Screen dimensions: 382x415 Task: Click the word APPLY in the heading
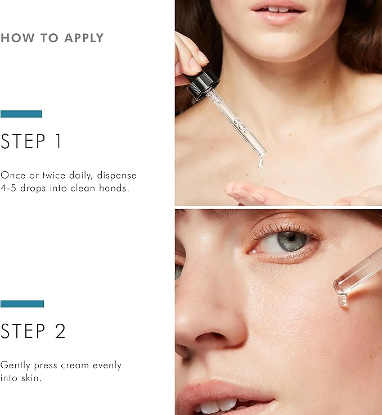tap(83, 38)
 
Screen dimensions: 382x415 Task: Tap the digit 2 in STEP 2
tap(60, 331)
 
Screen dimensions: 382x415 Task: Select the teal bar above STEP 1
tap(21, 114)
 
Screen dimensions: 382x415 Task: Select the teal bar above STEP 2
tap(22, 304)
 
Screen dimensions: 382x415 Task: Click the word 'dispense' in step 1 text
tap(116, 176)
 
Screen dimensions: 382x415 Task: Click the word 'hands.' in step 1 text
tap(114, 188)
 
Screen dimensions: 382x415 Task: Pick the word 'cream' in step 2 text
tap(75, 366)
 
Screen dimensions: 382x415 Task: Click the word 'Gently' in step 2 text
tap(15, 366)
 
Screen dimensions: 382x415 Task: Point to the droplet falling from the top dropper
tap(261, 163)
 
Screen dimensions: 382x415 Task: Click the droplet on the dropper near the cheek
tap(341, 300)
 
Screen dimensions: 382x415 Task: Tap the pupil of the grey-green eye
tap(291, 238)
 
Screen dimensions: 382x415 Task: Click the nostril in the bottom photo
tap(209, 338)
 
